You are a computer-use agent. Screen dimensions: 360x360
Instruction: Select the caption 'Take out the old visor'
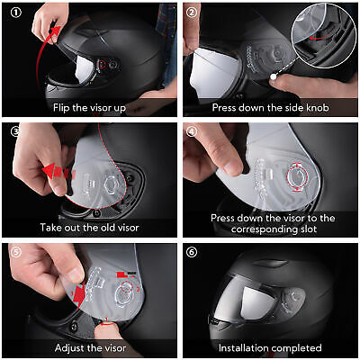point(88,226)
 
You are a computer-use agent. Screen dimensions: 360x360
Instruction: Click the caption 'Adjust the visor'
point(88,346)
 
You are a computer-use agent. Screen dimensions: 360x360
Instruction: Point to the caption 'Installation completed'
point(271,346)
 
